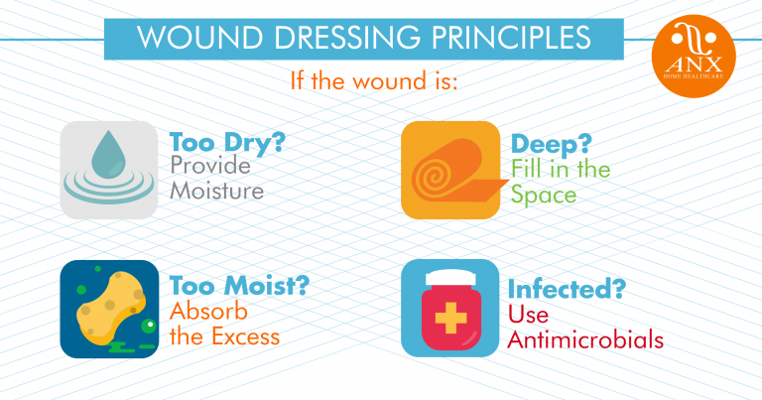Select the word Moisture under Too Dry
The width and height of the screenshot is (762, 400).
point(216,191)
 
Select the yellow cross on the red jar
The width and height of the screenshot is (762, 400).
point(449,317)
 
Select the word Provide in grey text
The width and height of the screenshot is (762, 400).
point(209,166)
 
